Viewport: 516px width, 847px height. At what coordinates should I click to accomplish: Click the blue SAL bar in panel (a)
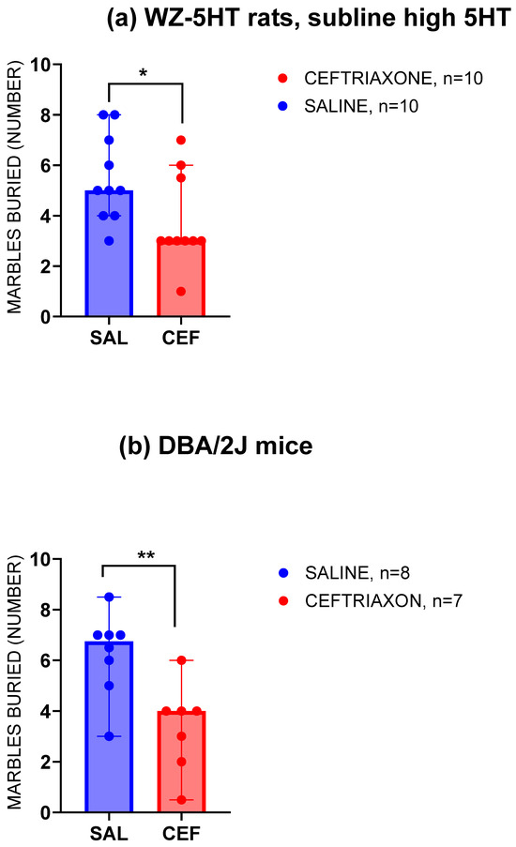pyautogui.click(x=110, y=253)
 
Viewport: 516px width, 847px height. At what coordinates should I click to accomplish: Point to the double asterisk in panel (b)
pyautogui.click(x=144, y=555)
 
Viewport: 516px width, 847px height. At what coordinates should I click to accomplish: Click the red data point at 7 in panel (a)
pyautogui.click(x=180, y=140)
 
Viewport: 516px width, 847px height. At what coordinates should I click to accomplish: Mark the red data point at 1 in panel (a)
pyautogui.click(x=180, y=291)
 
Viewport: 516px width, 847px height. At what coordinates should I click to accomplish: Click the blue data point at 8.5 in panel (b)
pyautogui.click(x=110, y=597)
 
